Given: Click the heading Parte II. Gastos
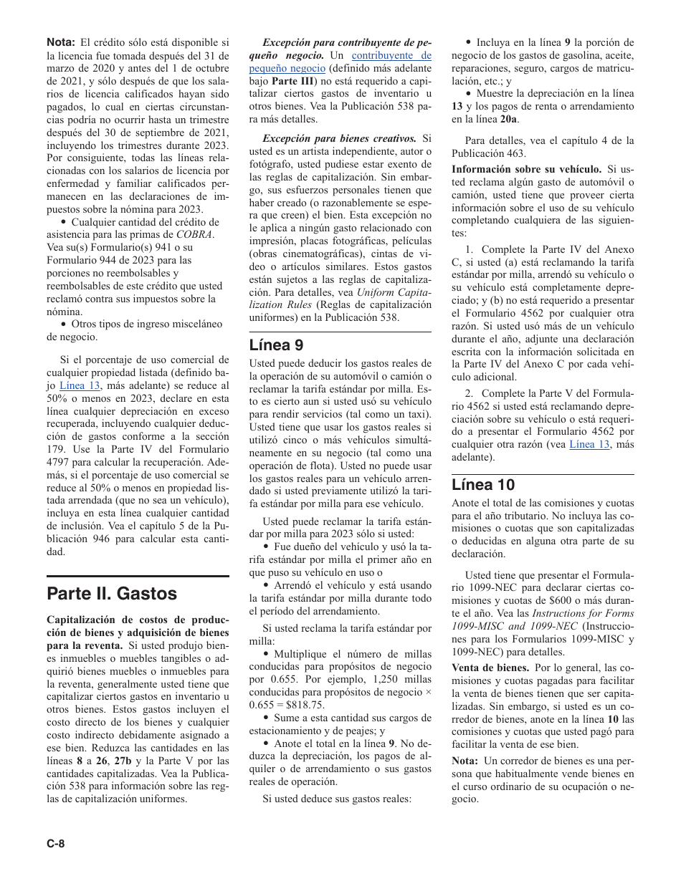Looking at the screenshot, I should pos(111,594).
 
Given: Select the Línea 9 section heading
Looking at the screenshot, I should pos(276,345).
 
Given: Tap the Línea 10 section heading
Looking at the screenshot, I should pos(483,484).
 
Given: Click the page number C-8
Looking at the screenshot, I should pos(56,843).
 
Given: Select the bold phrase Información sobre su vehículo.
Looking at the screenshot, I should pos(526,169).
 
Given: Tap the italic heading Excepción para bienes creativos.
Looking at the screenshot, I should pos(339,138).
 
